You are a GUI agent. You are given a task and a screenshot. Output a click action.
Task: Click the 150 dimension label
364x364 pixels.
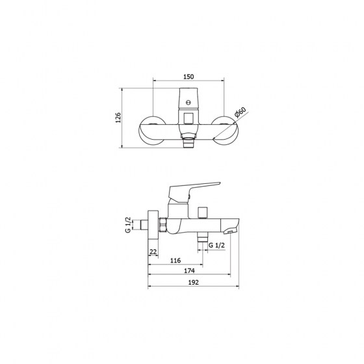(x=188, y=77)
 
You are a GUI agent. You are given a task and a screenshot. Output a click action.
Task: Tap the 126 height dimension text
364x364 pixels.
(x=118, y=118)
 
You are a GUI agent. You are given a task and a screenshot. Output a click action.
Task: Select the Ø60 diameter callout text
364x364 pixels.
(x=240, y=112)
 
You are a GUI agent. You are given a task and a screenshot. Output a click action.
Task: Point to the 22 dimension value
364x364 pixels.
(x=153, y=252)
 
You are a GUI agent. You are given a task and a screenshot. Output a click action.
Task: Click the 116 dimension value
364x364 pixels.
(x=175, y=261)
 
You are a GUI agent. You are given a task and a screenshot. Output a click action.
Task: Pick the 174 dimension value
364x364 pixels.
(x=189, y=270)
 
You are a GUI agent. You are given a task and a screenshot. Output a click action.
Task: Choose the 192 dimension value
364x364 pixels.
(x=194, y=282)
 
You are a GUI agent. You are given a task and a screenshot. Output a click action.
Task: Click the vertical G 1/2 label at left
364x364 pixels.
(x=128, y=225)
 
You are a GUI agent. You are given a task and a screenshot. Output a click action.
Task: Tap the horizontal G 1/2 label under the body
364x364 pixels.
(x=216, y=245)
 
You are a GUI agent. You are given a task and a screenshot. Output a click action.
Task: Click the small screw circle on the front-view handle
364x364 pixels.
(x=188, y=103)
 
